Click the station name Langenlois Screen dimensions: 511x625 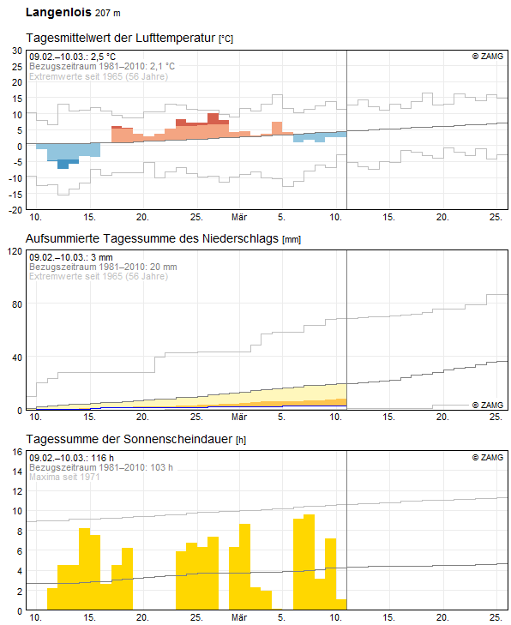point(58,12)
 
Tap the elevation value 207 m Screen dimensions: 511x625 point(108,13)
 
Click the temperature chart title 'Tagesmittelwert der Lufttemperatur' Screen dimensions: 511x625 point(121,38)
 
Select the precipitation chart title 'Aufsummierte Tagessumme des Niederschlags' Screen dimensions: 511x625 point(152,238)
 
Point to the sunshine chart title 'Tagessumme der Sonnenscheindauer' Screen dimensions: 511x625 point(129,439)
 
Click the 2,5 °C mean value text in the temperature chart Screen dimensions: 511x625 point(103,57)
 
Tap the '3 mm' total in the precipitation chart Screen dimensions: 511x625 point(102,257)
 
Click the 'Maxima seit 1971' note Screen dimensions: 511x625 point(64,477)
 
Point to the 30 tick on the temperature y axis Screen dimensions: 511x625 point(17,51)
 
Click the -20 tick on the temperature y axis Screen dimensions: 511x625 point(15,210)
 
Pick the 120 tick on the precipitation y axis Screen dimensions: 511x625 point(15,251)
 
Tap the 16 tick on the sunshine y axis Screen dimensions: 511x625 point(17,452)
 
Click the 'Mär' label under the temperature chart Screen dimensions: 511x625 point(239,217)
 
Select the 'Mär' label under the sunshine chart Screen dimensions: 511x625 point(239,617)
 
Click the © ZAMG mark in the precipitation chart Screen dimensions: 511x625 point(488,405)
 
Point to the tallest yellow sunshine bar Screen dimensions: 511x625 point(309,562)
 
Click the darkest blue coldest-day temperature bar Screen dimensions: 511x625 point(63,164)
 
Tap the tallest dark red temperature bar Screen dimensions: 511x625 point(213,118)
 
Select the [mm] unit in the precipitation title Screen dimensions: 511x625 point(292,240)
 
